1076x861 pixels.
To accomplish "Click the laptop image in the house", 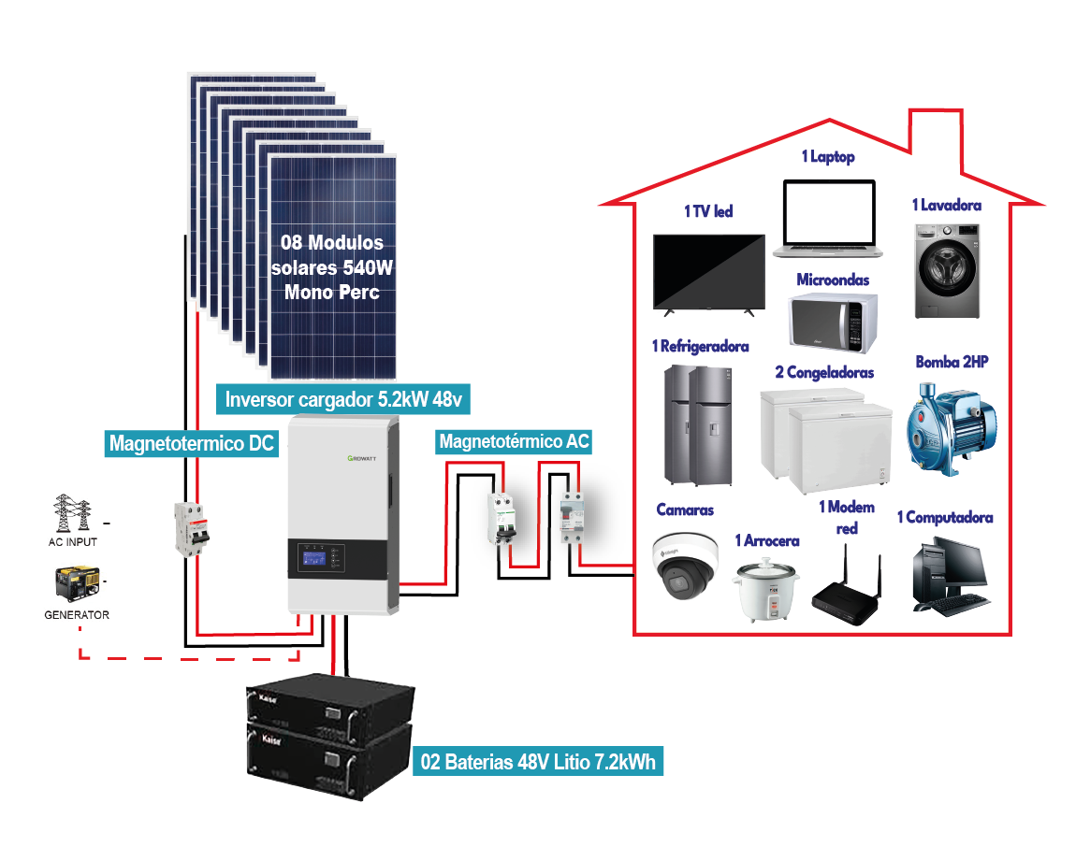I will [x=828, y=220].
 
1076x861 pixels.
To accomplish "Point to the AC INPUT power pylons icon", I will [x=73, y=514].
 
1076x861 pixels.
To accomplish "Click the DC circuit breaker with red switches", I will [x=191, y=530].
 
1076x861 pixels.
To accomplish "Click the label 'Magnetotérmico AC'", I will [x=515, y=440].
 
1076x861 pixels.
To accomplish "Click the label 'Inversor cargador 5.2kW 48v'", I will [x=344, y=400].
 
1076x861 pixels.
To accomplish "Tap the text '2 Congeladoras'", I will [x=824, y=372].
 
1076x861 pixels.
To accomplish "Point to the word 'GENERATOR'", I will [x=77, y=615].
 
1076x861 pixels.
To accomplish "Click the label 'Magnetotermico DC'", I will [x=192, y=442].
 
